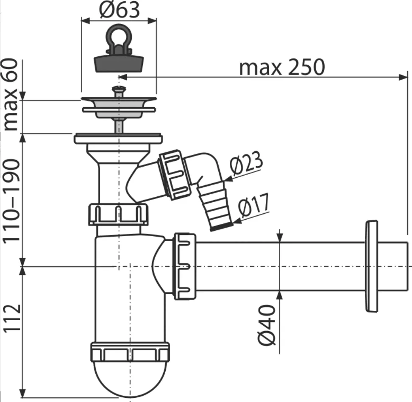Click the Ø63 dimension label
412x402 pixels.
pos(119,10)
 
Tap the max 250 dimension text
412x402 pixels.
pos(282,67)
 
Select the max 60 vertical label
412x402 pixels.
pos(11,95)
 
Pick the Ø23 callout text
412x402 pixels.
pos(246,163)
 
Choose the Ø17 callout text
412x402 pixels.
pos(254,205)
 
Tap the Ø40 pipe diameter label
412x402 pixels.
pos(267,325)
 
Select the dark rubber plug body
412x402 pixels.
pos(119,63)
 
